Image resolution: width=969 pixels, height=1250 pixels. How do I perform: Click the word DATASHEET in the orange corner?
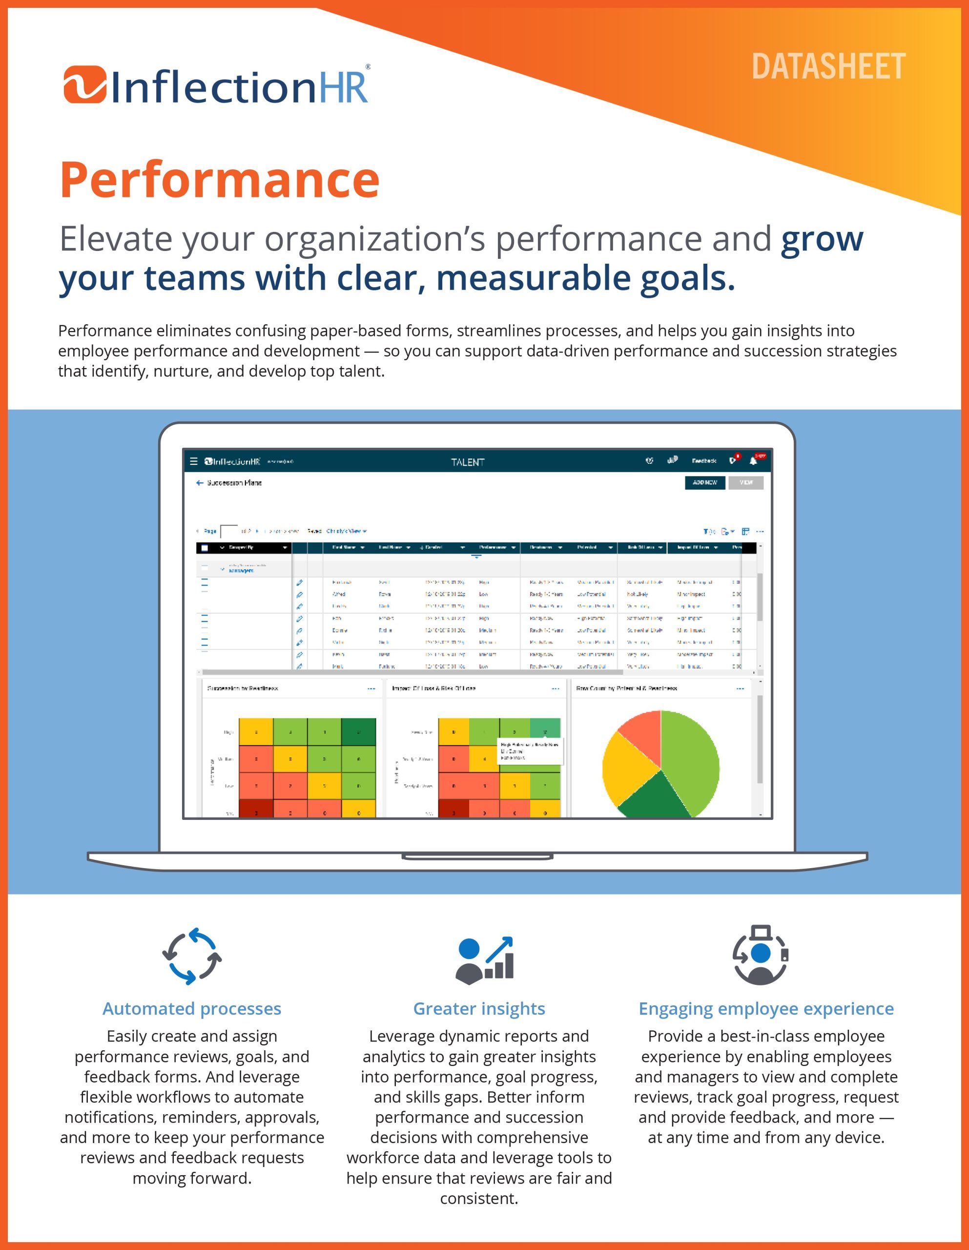[828, 67]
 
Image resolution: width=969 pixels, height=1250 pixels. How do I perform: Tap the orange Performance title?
[220, 181]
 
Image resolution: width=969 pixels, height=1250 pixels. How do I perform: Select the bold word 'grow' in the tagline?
[822, 239]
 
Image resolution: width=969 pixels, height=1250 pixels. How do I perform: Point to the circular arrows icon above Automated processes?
[192, 957]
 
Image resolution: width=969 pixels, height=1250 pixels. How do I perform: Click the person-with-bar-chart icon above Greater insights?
[484, 960]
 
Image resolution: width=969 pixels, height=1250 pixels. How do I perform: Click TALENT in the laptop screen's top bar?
[468, 462]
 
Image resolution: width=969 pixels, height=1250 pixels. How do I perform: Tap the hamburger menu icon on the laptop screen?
[193, 461]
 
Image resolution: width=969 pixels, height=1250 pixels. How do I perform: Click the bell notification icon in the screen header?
[753, 461]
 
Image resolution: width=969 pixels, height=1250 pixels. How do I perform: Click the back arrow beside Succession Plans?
[199, 483]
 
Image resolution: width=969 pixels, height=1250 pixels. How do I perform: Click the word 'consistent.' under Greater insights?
[479, 1199]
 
